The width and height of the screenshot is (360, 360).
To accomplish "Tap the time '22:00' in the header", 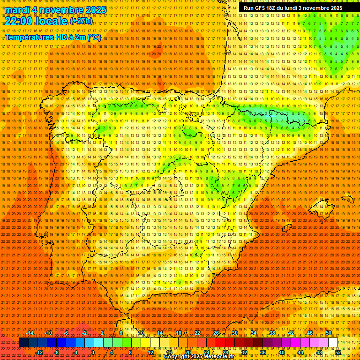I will tap(19, 21).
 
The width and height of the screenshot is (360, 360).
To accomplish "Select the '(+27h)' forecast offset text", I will tap(81, 21).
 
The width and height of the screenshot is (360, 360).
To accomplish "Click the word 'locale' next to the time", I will tap(52, 21).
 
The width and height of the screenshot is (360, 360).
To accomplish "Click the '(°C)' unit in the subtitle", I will tap(94, 37).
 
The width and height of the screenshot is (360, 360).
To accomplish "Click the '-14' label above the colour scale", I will tap(30, 333).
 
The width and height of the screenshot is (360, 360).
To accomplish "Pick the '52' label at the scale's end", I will tap(338, 352).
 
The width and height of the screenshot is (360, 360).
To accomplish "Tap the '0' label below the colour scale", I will tap(93, 352).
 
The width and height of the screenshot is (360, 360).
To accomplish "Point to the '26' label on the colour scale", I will tap(216, 333).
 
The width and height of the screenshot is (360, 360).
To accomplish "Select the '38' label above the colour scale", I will tap(272, 333).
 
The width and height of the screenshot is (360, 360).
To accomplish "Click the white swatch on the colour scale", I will tap(333, 343).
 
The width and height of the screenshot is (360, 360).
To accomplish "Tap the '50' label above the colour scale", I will tap(328, 333).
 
